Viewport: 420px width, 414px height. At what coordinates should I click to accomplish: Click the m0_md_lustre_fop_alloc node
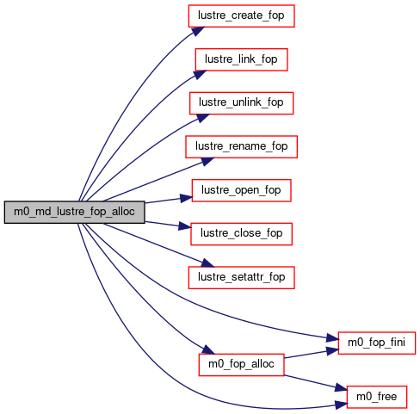pos(74,212)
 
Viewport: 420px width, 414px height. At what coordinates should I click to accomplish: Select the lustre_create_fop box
pos(241,16)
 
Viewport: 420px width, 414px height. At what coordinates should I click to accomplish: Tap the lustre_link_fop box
pos(241,59)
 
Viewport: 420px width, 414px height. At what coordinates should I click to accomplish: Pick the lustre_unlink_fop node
pos(241,103)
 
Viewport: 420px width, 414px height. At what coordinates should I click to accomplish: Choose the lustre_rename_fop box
pos(241,147)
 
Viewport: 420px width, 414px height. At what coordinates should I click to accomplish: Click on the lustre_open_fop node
pos(241,190)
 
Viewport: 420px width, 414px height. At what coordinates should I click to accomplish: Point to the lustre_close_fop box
pos(241,234)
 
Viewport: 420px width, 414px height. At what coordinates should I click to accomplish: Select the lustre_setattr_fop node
pos(241,278)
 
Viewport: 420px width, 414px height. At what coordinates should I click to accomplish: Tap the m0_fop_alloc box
pos(241,365)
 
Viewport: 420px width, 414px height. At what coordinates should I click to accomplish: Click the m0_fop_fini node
pos(377,343)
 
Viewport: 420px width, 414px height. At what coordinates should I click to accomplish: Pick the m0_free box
pos(377,397)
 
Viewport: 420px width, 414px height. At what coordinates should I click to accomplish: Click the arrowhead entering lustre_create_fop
pos(197,31)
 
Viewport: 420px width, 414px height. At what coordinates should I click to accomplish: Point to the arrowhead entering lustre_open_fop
pos(186,198)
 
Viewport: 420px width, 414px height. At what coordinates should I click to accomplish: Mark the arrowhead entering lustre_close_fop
pos(185,226)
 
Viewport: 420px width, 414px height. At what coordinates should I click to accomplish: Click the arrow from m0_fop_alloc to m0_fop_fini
pos(312,354)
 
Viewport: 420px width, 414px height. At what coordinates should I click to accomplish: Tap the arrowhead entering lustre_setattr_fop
pos(207,263)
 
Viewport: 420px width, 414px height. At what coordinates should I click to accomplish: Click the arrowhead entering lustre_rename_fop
pos(207,161)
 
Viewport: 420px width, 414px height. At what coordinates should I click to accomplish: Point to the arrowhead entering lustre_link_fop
pos(200,75)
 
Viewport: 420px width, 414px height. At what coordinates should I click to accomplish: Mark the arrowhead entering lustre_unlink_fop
pos(202,118)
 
